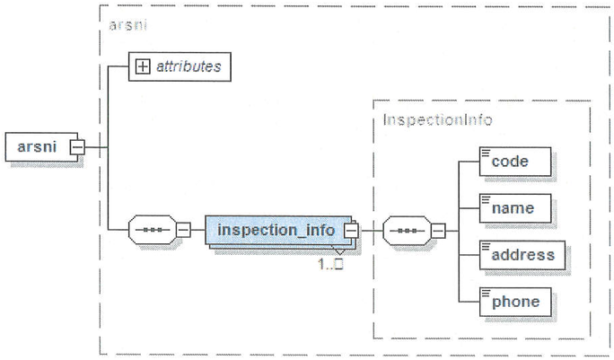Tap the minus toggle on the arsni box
click(x=78, y=146)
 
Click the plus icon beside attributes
click(x=142, y=66)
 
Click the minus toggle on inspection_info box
click(x=351, y=231)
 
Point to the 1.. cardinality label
click(x=331, y=265)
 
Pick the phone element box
click(x=516, y=302)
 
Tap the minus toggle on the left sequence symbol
click(x=183, y=231)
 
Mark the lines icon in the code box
click(x=487, y=153)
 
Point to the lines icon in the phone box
click(x=487, y=293)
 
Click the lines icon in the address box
click(x=487, y=246)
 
